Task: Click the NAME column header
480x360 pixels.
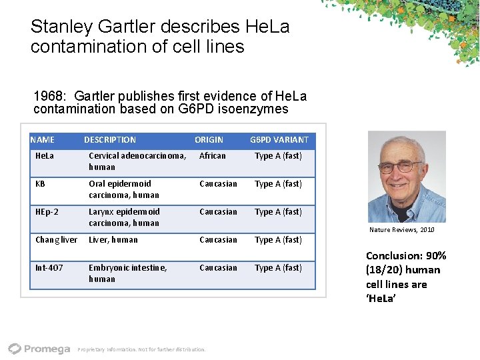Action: pyautogui.click(x=43, y=140)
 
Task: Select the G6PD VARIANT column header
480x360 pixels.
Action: pyautogui.click(x=279, y=140)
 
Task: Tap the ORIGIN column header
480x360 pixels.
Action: pyautogui.click(x=209, y=140)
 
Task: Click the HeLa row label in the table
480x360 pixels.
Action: pyautogui.click(x=45, y=156)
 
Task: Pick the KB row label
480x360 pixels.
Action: pyautogui.click(x=41, y=184)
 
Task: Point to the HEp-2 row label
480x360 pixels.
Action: pyautogui.click(x=47, y=212)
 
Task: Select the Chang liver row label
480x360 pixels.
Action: pyautogui.click(x=56, y=240)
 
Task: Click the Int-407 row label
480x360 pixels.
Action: pyautogui.click(x=49, y=268)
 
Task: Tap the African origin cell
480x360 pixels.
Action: pyautogui.click(x=213, y=156)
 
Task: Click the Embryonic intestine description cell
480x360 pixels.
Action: pyautogui.click(x=127, y=273)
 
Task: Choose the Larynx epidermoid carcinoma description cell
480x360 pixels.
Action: pyautogui.click(x=124, y=217)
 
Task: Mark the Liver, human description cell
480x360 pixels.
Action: pyautogui.click(x=113, y=240)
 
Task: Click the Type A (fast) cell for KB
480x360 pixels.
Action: pyautogui.click(x=278, y=184)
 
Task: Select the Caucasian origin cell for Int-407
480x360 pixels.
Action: pyautogui.click(x=218, y=268)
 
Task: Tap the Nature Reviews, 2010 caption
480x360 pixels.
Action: pyautogui.click(x=401, y=230)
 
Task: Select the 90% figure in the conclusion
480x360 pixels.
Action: pyautogui.click(x=436, y=256)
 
